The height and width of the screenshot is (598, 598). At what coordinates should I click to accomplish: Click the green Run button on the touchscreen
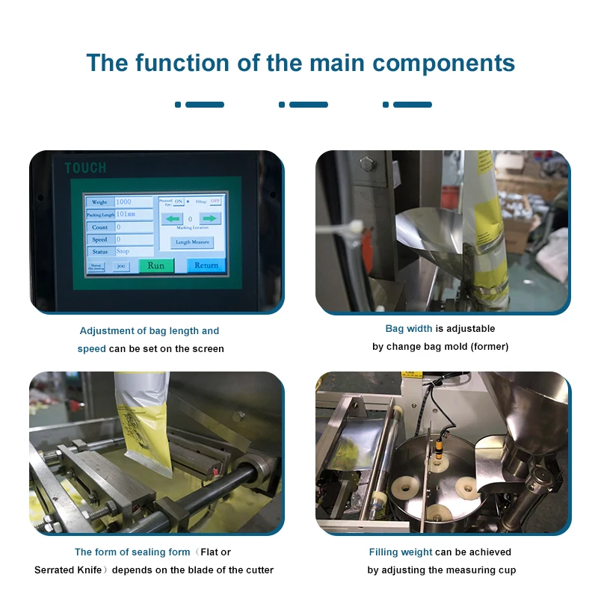155,265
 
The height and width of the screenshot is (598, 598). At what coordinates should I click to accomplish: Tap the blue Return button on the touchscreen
206,265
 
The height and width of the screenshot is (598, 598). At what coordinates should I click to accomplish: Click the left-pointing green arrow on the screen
173,219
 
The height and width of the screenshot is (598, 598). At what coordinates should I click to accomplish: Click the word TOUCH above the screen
85,168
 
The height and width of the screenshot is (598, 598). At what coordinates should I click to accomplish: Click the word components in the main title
444,63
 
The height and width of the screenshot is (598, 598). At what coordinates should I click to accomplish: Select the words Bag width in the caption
408,329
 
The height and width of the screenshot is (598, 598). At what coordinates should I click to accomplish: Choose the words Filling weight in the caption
401,552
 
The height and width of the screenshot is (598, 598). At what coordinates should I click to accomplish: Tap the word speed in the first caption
92,349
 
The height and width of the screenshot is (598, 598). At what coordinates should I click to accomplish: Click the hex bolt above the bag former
368,163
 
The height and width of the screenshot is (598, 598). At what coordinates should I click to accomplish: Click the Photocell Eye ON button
178,202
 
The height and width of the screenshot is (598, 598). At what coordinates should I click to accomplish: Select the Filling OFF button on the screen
215,202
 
